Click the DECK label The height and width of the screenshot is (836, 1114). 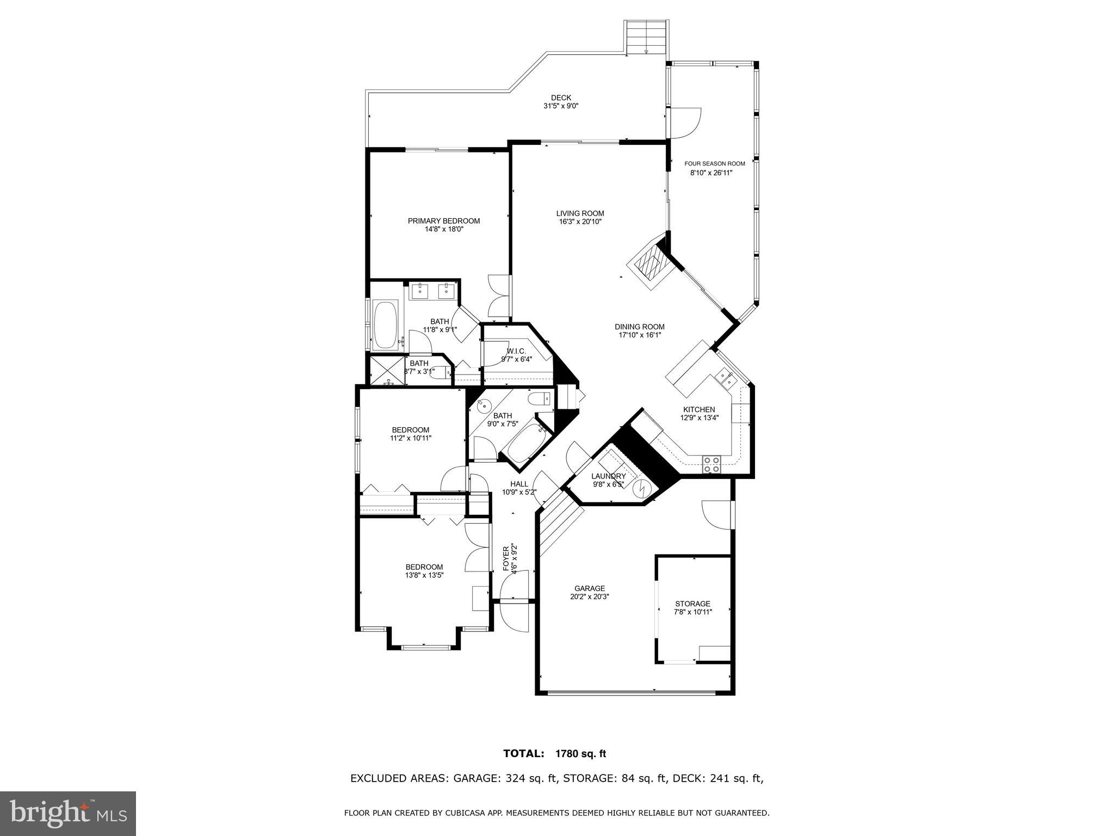[x=561, y=98]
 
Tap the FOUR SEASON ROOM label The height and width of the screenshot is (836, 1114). [x=714, y=164]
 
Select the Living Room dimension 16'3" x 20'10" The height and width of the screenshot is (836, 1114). [x=580, y=222]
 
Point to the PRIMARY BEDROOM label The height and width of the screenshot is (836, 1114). [x=444, y=221]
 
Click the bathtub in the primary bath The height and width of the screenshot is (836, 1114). [x=386, y=325]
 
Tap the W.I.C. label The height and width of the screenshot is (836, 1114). [x=516, y=351]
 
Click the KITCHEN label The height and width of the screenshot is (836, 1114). [x=699, y=410]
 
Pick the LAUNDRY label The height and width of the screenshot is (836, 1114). [x=609, y=476]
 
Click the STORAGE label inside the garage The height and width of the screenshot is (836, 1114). [x=692, y=604]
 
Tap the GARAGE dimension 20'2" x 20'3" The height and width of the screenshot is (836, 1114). [x=590, y=596]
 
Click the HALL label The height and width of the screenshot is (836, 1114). [x=519, y=484]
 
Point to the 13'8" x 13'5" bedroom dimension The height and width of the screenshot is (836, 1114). [x=424, y=575]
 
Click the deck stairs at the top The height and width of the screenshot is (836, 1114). [x=645, y=36]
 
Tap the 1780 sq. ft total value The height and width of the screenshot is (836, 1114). [x=580, y=754]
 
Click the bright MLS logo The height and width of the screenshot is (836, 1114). [x=68, y=814]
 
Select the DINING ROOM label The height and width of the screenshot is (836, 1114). [x=640, y=327]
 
